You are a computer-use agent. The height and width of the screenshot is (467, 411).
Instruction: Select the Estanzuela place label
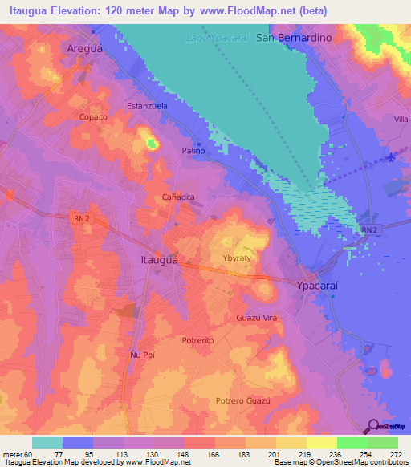coord(147,105)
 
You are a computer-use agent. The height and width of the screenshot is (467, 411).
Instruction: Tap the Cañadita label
coord(179,197)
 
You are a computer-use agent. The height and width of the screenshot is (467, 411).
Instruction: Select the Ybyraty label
coord(238,258)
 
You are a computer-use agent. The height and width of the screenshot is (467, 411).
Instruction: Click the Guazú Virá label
coord(256,319)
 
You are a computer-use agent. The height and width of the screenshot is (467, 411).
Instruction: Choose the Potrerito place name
coord(197,340)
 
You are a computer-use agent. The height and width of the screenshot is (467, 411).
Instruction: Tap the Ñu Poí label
coord(141,354)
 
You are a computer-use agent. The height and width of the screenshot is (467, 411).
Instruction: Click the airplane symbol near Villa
coord(391,156)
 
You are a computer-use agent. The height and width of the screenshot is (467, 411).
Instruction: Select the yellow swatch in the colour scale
coord(291,442)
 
